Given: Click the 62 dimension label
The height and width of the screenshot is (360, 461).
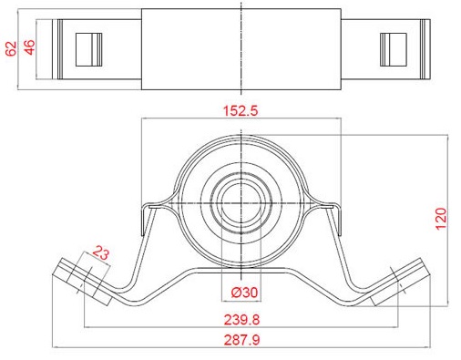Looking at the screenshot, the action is (x=11, y=49).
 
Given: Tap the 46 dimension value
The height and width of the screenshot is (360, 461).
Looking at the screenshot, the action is (x=30, y=47).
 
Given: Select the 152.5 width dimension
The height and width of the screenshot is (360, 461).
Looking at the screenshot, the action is (x=241, y=111).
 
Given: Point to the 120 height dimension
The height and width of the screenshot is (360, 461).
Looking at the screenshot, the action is (x=441, y=219).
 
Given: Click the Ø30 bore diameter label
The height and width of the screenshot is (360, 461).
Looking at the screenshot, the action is (x=244, y=293).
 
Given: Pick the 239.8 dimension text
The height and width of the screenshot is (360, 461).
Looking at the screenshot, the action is (x=241, y=320).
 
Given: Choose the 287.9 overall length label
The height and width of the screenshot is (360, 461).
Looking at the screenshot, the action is (x=242, y=340).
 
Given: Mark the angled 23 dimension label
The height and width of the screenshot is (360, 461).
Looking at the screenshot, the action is (x=100, y=252).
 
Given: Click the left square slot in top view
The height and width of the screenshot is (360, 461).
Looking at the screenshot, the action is (x=88, y=49).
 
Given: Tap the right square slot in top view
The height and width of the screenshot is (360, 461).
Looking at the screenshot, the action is (x=394, y=49).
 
